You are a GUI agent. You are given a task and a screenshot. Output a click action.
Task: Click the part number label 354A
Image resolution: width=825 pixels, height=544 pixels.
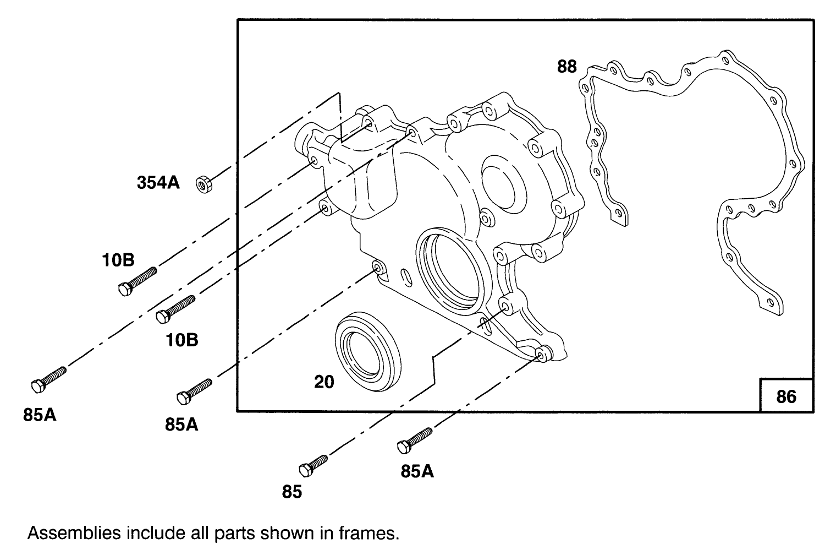pos(158,183)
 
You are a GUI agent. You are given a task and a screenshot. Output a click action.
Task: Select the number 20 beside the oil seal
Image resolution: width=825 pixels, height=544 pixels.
pos(324,382)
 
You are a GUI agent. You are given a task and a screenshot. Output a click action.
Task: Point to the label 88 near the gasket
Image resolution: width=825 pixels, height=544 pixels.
pos(566,67)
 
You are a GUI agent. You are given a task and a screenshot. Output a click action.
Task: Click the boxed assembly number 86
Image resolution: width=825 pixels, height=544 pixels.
pos(786,396)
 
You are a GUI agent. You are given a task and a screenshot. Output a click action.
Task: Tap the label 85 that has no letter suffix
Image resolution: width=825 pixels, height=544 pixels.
pos(292,492)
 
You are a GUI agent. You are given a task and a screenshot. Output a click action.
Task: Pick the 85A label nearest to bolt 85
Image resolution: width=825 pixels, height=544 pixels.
pos(417,472)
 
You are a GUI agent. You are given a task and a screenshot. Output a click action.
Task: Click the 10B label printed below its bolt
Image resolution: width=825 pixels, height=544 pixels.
pos(182,340)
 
